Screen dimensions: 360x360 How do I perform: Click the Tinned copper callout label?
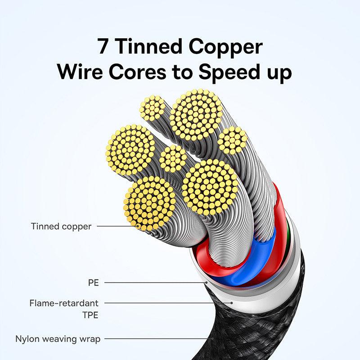(x=61, y=226)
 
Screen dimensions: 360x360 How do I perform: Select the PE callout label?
(x=93, y=283)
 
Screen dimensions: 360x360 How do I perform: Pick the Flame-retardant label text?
(x=64, y=303)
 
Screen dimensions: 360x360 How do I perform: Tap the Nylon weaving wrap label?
(x=58, y=338)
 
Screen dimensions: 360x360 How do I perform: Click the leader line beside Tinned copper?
(x=115, y=226)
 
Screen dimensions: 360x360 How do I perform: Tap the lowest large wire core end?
(x=150, y=203)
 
